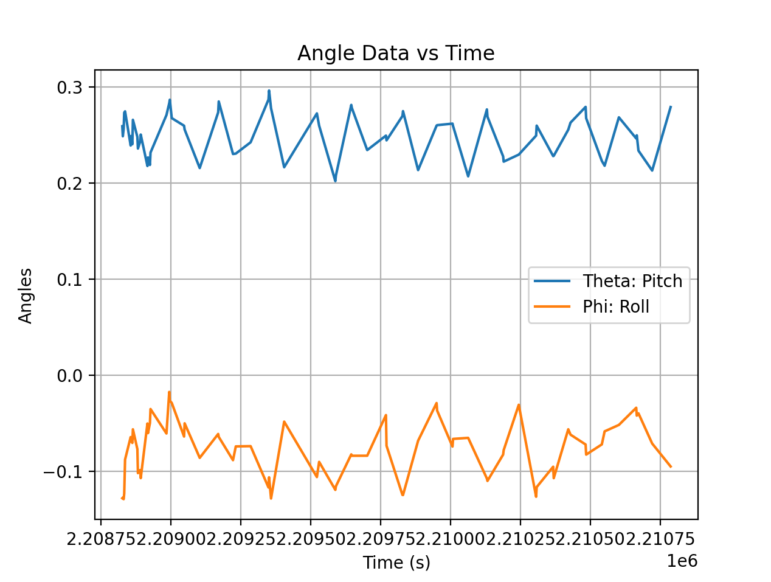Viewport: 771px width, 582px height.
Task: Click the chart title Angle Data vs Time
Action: click(x=395, y=54)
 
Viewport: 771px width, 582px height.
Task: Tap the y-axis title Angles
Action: click(x=26, y=296)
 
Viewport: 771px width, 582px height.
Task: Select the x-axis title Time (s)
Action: click(x=396, y=563)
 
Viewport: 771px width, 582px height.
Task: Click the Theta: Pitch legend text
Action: click(x=632, y=281)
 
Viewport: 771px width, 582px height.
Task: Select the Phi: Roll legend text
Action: click(x=616, y=307)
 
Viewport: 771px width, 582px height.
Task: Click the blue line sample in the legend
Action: click(x=552, y=281)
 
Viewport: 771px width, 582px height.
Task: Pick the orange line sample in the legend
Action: click(x=552, y=307)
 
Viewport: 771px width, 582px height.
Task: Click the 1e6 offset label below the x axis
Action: click(x=682, y=561)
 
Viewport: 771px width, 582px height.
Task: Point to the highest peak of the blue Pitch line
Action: click(x=269, y=91)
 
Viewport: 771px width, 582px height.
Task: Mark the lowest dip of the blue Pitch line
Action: click(x=335, y=181)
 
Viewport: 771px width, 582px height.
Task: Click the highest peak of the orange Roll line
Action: click(x=169, y=392)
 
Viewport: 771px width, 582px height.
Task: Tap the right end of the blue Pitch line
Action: click(x=670, y=107)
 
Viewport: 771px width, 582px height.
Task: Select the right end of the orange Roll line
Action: click(x=670, y=466)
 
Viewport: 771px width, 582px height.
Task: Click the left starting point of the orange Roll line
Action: click(x=122, y=498)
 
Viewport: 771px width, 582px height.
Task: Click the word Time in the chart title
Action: click(x=470, y=54)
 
